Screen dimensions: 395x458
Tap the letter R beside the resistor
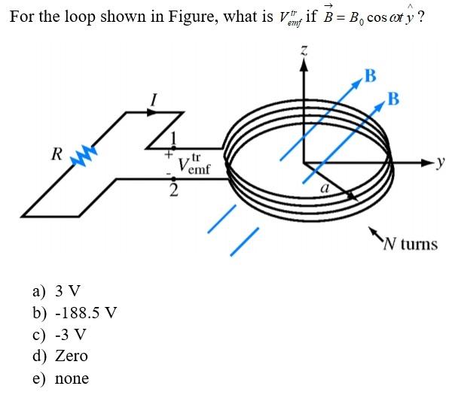pyautogui.click(x=56, y=154)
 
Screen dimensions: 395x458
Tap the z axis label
pyautogui.click(x=304, y=51)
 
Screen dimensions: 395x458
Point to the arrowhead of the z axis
pyautogui.click(x=304, y=65)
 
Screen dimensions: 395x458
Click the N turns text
pyautogui.click(x=410, y=244)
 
